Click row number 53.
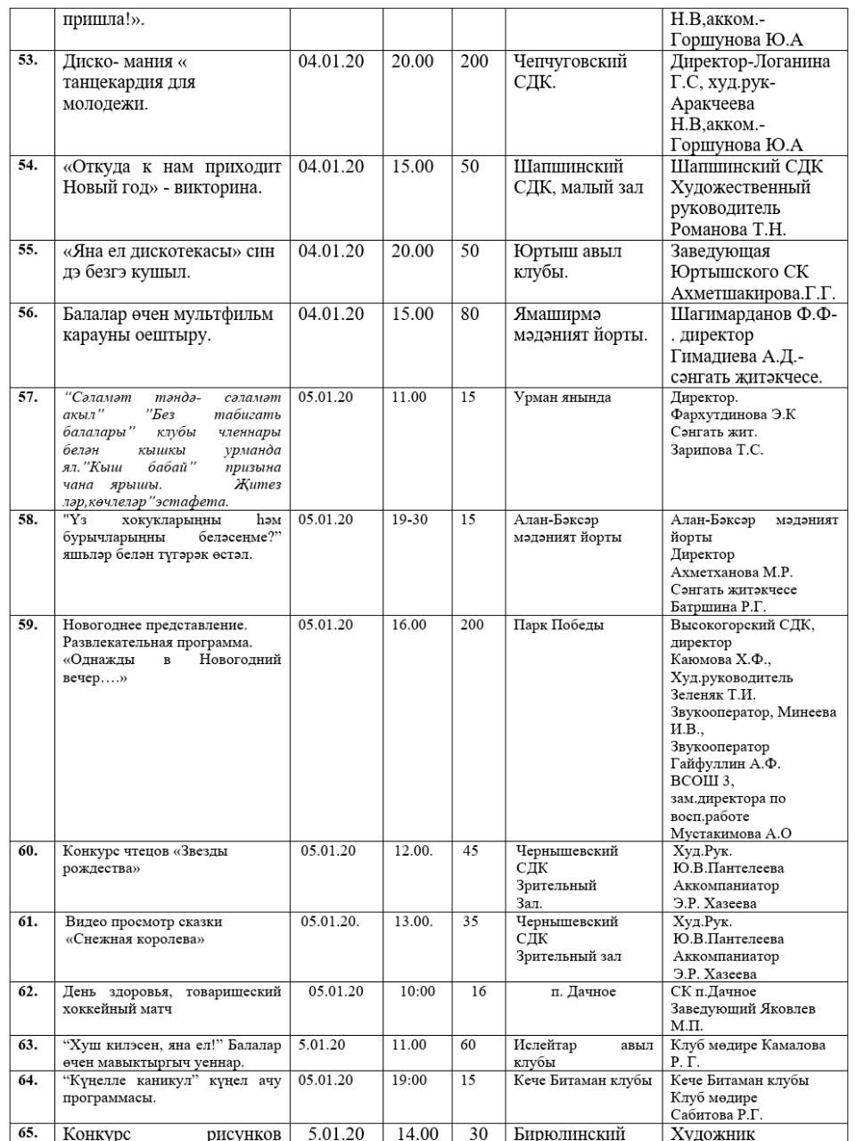click(28, 61)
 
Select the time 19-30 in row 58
click(409, 519)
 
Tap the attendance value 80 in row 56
click(470, 314)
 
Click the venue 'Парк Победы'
click(558, 625)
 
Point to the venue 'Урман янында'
click(562, 398)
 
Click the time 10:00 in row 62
click(417, 991)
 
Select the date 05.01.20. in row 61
click(330, 921)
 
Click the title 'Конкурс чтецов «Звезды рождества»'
click(145, 859)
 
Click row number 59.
click(28, 625)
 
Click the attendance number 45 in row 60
click(471, 850)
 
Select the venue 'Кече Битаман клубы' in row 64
click(582, 1079)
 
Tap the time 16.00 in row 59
click(409, 625)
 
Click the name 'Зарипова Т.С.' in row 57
click(717, 450)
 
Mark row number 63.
click(28, 1045)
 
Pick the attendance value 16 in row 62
click(479, 991)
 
